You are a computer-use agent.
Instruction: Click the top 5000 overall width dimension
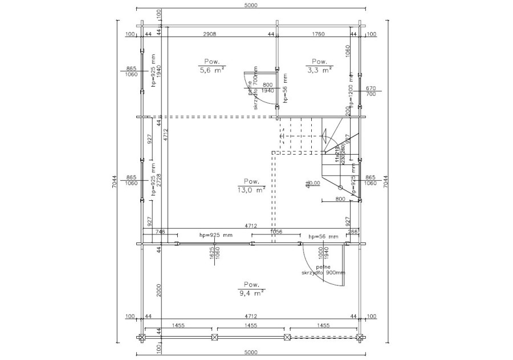click(251, 5)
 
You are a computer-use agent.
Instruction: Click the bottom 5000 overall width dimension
click(251, 353)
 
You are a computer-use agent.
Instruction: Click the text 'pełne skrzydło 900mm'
click(324, 270)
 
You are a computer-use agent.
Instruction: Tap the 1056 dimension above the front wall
click(276, 232)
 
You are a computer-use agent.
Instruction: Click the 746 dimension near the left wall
click(160, 232)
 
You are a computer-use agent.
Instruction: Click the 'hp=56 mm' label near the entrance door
click(323, 236)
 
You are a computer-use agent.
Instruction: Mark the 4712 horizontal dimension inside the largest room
click(251, 225)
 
